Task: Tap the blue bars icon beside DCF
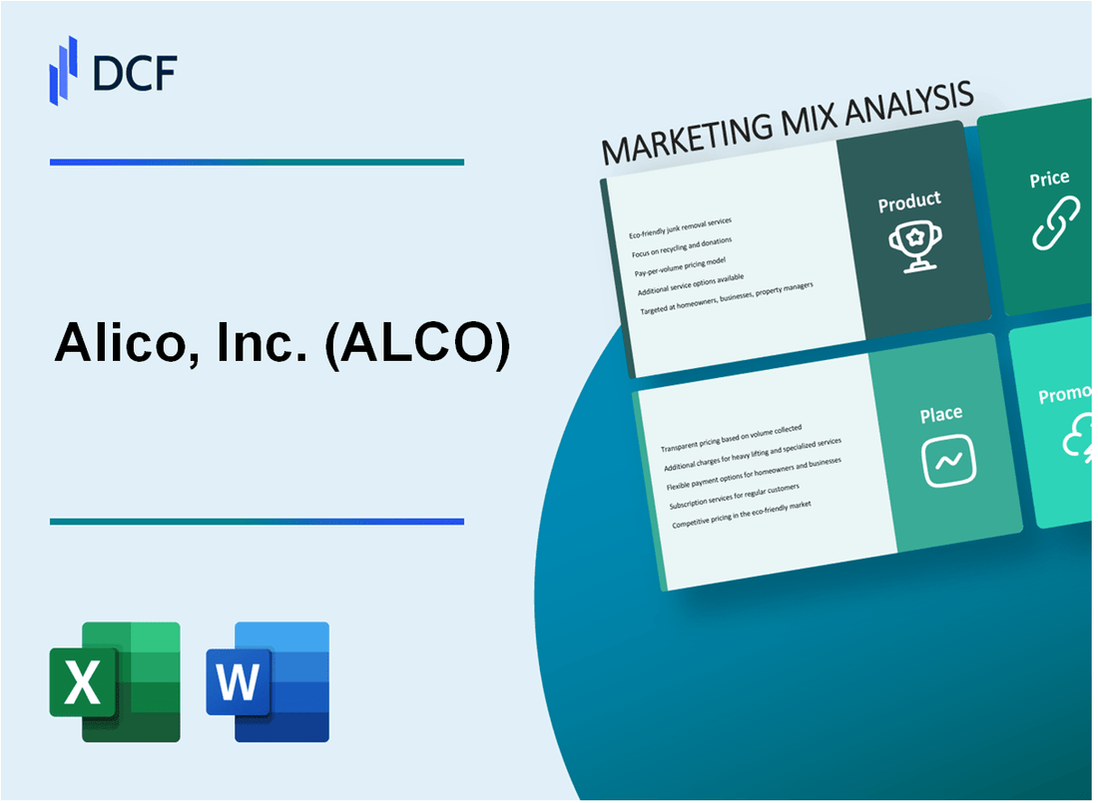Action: pos(64,70)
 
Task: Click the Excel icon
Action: pos(115,682)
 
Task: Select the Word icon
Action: pos(268,682)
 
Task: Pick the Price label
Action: pos(1049,180)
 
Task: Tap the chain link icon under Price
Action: pos(1055,223)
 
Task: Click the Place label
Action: pos(941,413)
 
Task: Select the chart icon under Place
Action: pos(948,461)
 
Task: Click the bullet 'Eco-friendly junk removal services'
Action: pos(680,228)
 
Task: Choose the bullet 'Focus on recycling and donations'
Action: pos(681,246)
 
